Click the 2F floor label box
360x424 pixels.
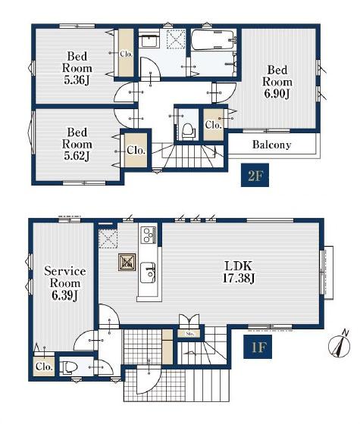(255, 175)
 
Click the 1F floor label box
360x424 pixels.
(258, 347)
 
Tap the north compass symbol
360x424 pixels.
(340, 344)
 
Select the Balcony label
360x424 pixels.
(271, 145)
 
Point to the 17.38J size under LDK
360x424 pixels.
(238, 279)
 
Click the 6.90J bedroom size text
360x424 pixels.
(277, 94)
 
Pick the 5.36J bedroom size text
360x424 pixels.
(77, 79)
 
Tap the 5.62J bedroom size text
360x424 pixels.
(77, 156)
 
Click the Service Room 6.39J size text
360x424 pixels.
(65, 295)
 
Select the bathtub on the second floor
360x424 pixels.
(213, 39)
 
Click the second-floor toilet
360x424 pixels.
(187, 130)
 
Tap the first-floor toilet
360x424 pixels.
(68, 367)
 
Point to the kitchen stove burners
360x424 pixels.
(149, 235)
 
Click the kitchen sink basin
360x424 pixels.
(148, 273)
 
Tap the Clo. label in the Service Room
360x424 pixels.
(44, 366)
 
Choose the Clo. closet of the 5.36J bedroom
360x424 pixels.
(126, 53)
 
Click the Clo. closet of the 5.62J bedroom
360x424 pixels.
(136, 150)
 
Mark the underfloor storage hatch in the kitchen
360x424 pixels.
(127, 262)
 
